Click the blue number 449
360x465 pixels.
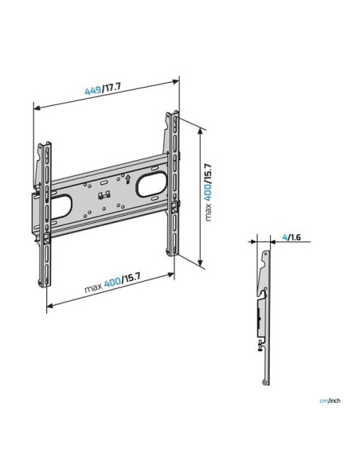(x=93, y=90)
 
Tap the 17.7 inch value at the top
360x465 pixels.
(x=112, y=88)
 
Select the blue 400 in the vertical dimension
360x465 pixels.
(x=208, y=192)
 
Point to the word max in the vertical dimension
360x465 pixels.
(x=208, y=212)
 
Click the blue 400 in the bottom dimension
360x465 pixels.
(x=112, y=282)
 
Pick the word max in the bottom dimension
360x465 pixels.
(x=93, y=287)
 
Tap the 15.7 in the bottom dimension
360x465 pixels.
(x=131, y=279)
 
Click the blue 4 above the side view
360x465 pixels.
(x=284, y=237)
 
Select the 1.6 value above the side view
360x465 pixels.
(x=295, y=237)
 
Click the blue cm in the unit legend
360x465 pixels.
(x=323, y=401)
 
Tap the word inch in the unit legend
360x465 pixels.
(x=335, y=401)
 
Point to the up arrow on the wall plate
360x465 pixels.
(x=127, y=179)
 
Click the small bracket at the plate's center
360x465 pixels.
(x=104, y=195)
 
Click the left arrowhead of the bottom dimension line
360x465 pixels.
(x=50, y=305)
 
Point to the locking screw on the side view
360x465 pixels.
(x=260, y=346)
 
